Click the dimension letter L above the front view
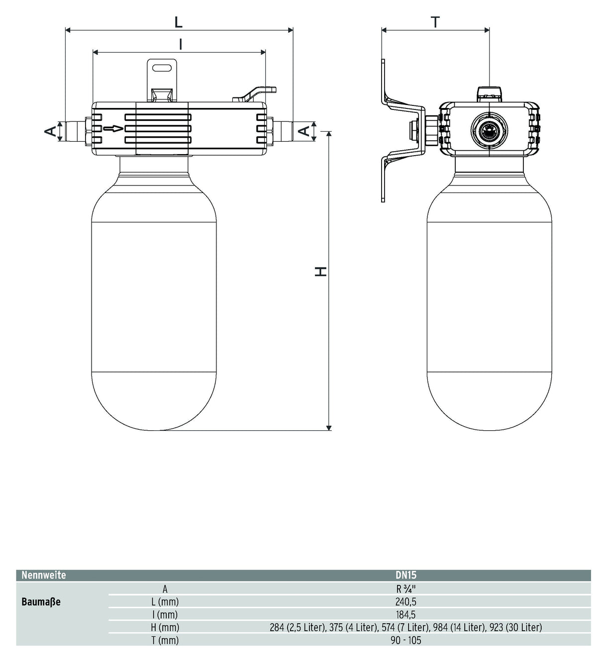coord(178,22)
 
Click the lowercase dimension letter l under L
coord(181,44)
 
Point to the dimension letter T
coord(435,22)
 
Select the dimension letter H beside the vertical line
coord(320,271)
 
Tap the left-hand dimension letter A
coord(50,132)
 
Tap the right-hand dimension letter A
coord(304,131)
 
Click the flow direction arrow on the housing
coord(113,129)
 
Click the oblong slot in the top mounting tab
coord(162,68)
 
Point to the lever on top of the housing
coord(254,93)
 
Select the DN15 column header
coord(406,575)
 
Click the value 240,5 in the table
coord(406,602)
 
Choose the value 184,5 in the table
coord(406,615)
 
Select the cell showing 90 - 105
coord(406,640)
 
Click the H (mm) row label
coord(165,628)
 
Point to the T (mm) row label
coord(165,640)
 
